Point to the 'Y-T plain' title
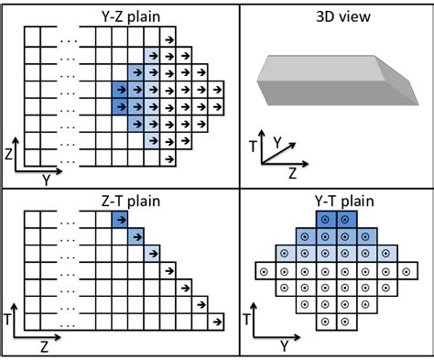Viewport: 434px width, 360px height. (x=335, y=196)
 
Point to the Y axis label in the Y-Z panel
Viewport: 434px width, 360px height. (x=47, y=180)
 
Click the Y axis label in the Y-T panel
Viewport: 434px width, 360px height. (x=285, y=345)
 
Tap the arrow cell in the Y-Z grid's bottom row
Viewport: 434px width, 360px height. (x=168, y=162)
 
